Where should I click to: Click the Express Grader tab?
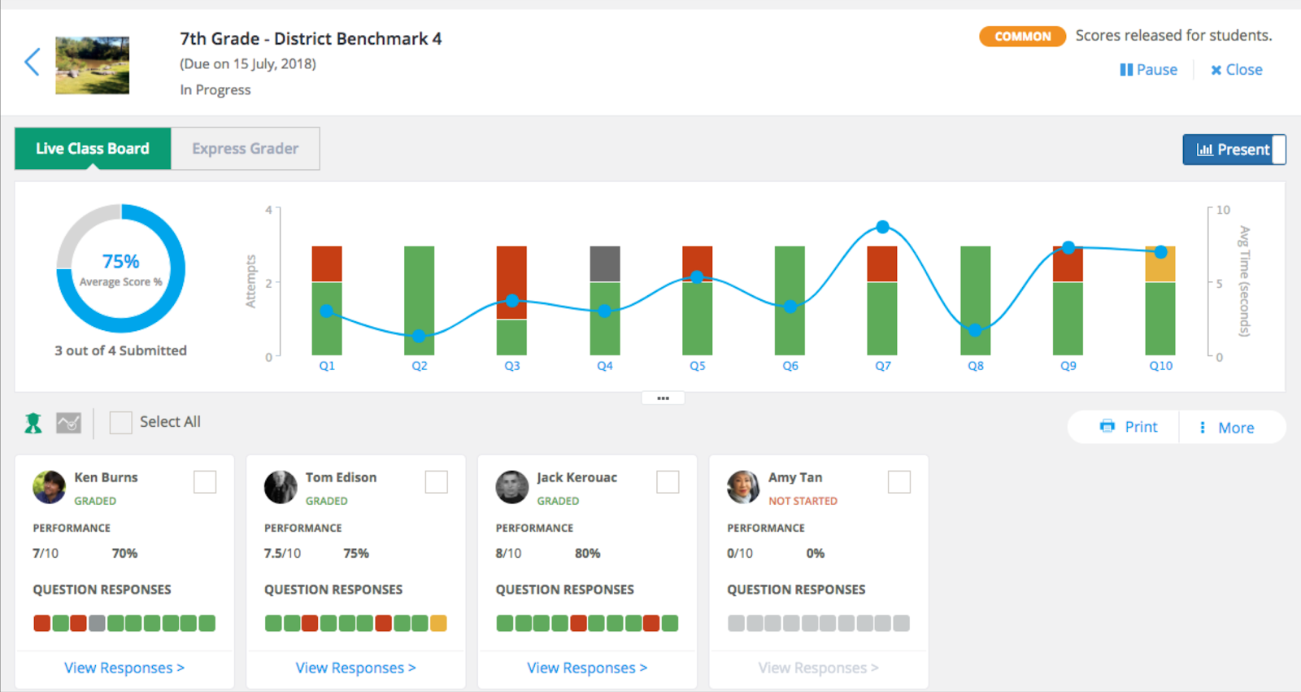click(245, 149)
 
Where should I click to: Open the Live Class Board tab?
click(93, 149)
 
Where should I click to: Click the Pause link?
click(1148, 70)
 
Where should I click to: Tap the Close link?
click(1237, 70)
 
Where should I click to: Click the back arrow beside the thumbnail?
click(32, 62)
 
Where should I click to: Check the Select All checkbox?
click(121, 422)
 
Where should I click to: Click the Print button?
click(1128, 427)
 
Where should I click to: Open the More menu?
click(1227, 428)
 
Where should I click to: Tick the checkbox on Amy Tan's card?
click(899, 481)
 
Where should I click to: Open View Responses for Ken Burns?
click(124, 668)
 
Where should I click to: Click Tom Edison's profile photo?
click(281, 487)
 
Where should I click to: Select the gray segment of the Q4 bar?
click(605, 263)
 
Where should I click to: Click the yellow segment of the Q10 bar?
click(1160, 263)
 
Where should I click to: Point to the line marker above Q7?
click(883, 227)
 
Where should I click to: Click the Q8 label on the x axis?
click(976, 366)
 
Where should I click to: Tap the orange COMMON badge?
click(1022, 36)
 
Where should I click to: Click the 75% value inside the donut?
click(121, 262)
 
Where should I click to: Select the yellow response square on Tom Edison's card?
click(438, 624)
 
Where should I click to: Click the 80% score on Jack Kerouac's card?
click(587, 553)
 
